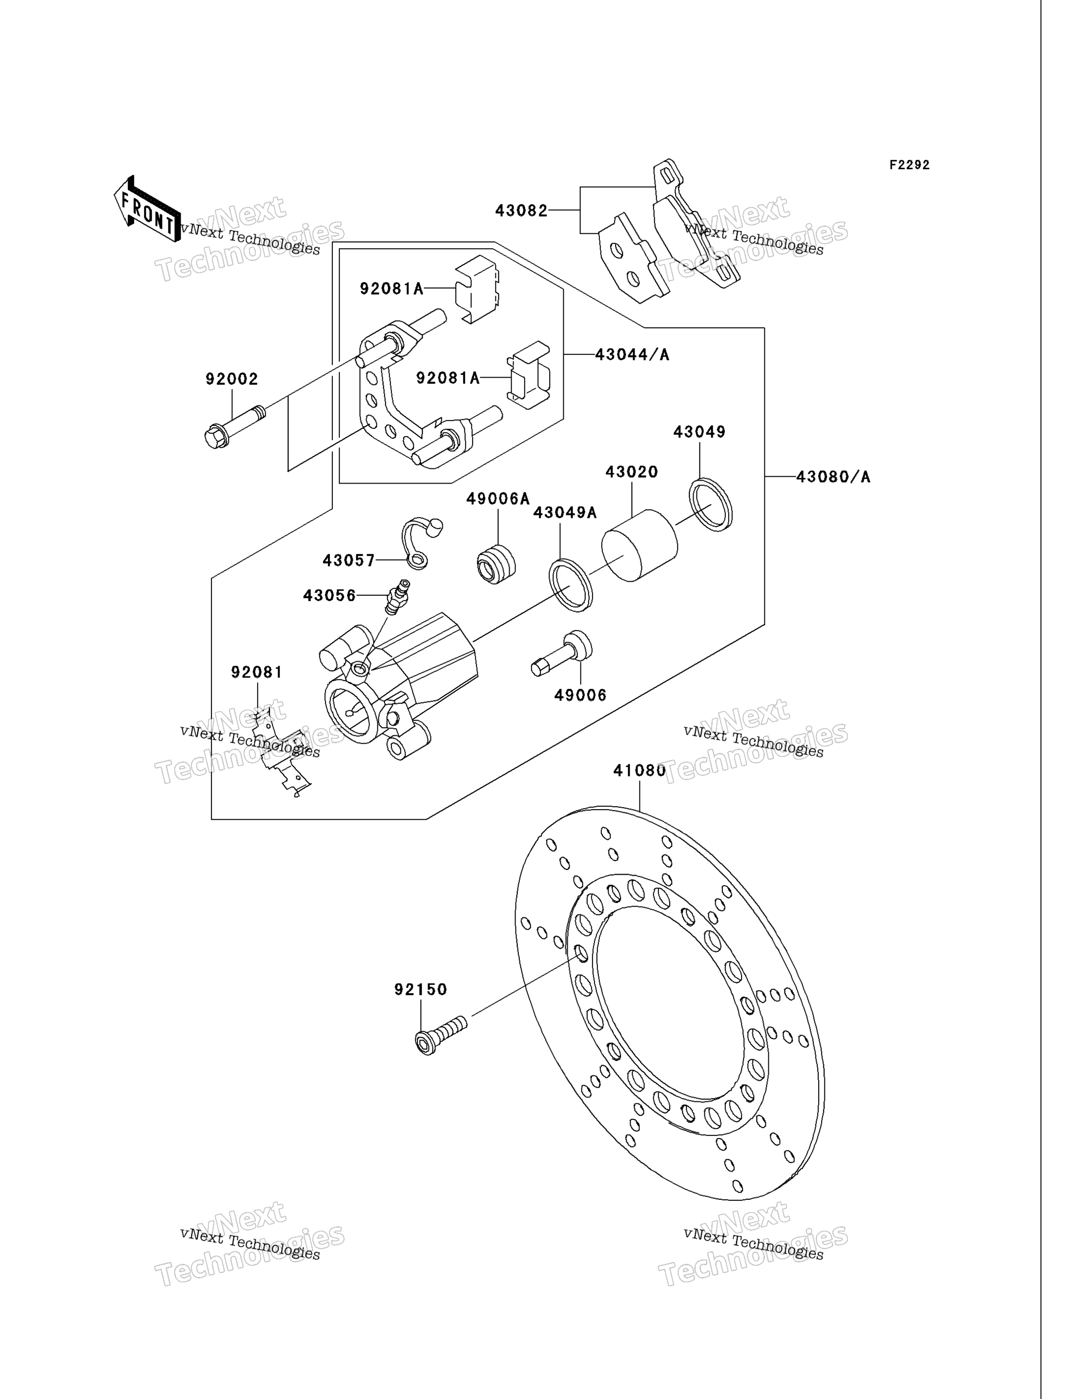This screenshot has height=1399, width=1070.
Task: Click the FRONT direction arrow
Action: pyautogui.click(x=146, y=209)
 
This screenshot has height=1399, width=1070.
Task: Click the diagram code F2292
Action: pyautogui.click(x=909, y=165)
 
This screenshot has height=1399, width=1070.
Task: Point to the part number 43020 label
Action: pyautogui.click(x=631, y=472)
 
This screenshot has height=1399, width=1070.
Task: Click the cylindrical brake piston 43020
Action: pyautogui.click(x=639, y=545)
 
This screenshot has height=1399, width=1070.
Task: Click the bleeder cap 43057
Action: pyautogui.click(x=421, y=543)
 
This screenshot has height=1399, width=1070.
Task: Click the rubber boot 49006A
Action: pyautogui.click(x=496, y=564)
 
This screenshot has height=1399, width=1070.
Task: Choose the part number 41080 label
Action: pyautogui.click(x=639, y=770)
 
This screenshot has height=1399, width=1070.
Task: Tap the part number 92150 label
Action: pyautogui.click(x=420, y=990)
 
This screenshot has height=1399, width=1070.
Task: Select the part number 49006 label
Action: pyautogui.click(x=580, y=695)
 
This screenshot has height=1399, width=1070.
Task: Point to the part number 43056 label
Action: pyautogui.click(x=329, y=595)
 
